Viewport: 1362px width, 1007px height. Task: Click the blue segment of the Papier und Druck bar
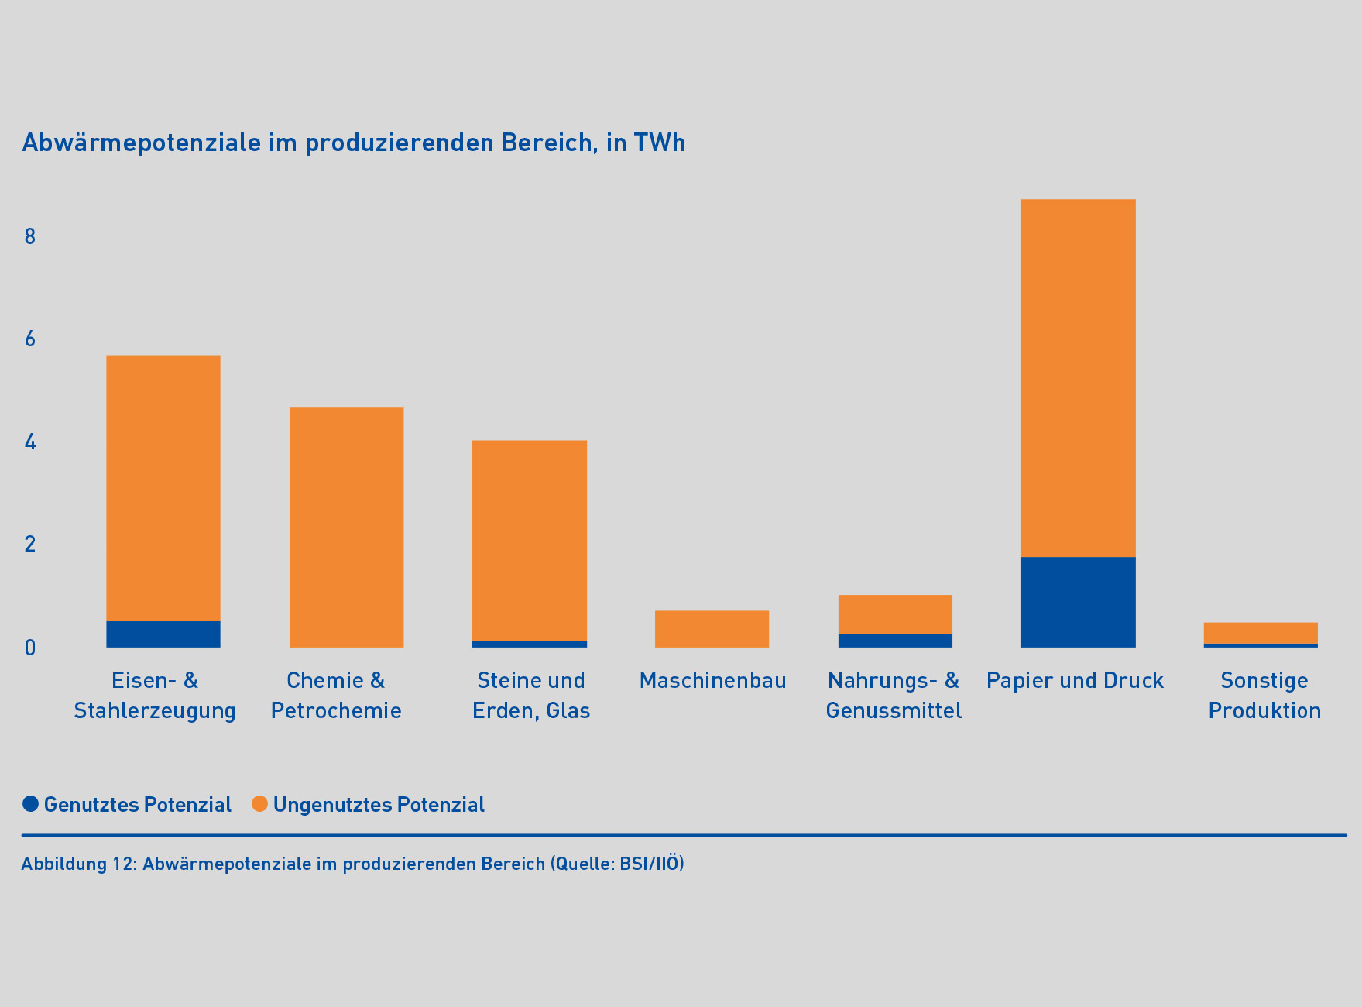pos(1078,602)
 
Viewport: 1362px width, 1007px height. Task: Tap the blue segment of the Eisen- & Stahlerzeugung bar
pos(163,634)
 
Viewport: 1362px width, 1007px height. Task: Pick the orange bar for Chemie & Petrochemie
pos(346,528)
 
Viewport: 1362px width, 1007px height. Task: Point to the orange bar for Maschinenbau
pos(712,629)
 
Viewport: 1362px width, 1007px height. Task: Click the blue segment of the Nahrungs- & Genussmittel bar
pos(895,641)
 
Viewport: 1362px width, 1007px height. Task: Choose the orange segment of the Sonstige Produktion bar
pos(1261,633)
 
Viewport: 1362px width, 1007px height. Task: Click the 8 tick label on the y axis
pos(30,236)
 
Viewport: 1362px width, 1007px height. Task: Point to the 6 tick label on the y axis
pos(30,339)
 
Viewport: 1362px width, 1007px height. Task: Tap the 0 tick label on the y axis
pos(30,648)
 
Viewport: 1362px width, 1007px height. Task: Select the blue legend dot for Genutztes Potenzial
pos(31,804)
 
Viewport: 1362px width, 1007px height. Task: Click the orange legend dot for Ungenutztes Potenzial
pos(260,804)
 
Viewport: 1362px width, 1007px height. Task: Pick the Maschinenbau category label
pos(712,681)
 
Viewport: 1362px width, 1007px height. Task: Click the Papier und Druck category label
pos(1075,681)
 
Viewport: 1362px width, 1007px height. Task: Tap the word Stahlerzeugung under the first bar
pos(155,711)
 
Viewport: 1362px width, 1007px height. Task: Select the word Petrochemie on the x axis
pos(336,711)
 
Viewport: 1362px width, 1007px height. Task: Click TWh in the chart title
pos(660,143)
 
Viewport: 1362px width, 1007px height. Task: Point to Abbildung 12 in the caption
pos(78,864)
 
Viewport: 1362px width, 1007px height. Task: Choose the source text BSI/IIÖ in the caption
pos(649,864)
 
